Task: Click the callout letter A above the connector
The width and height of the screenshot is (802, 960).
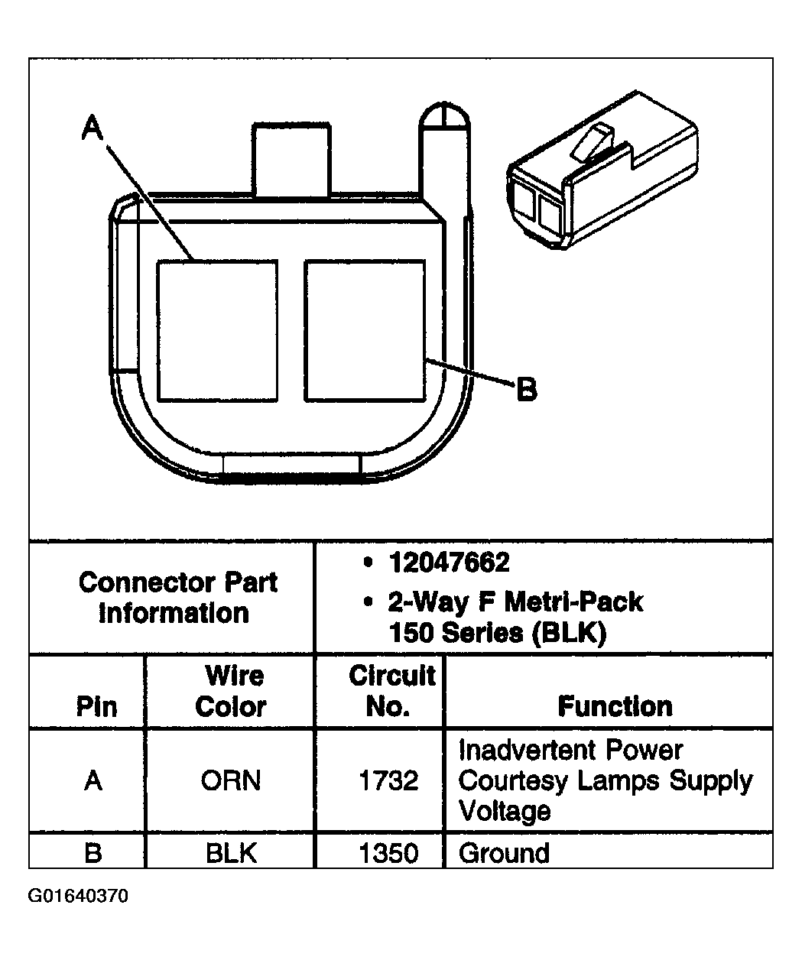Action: [x=93, y=128]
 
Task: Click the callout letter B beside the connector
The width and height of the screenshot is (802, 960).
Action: [x=526, y=389]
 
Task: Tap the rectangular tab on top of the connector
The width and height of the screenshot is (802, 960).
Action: [x=291, y=157]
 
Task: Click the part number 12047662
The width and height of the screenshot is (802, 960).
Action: [x=449, y=563]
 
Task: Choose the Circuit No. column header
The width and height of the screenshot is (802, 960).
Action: [x=391, y=691]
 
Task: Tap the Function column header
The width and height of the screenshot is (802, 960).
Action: [x=615, y=705]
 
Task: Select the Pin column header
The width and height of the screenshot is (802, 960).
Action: [x=96, y=705]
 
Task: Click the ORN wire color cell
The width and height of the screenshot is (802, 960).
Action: [x=230, y=780]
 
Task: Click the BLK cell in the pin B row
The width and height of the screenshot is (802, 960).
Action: [x=230, y=852]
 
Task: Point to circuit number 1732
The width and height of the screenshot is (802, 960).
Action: [x=388, y=780]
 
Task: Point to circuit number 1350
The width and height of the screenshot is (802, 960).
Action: [x=388, y=852]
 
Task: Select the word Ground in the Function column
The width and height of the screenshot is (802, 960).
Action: [x=504, y=852]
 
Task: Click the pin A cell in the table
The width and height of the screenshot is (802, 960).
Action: [x=93, y=780]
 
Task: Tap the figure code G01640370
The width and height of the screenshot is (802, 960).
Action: [x=78, y=896]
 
